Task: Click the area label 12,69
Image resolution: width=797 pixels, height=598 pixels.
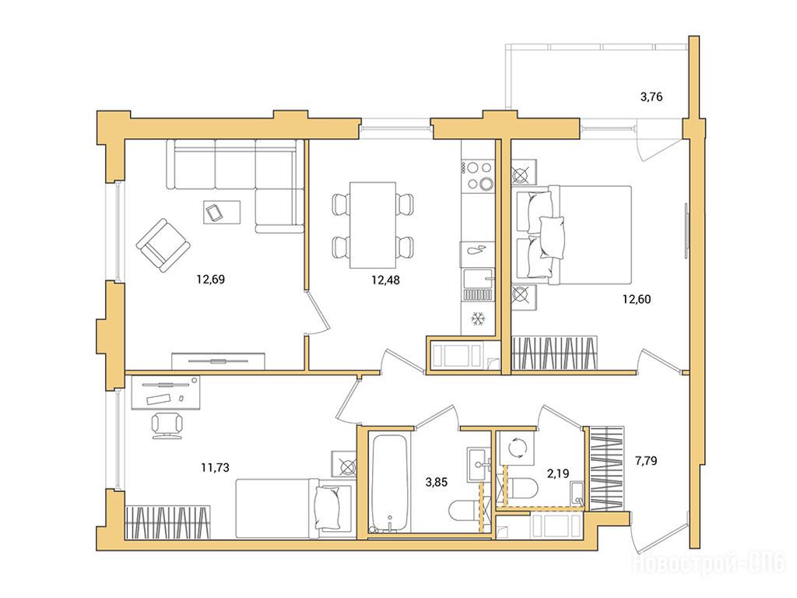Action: [x=210, y=280]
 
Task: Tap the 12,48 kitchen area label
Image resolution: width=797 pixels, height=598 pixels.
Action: [x=385, y=280]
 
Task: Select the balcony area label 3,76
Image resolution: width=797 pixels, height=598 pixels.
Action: [x=651, y=97]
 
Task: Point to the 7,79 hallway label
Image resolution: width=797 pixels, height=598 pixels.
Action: [x=645, y=461]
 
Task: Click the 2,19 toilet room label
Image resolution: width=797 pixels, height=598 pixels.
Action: [x=557, y=473]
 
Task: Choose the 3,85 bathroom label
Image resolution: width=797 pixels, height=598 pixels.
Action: [x=436, y=481]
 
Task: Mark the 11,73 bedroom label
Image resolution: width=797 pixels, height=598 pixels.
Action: [x=215, y=467]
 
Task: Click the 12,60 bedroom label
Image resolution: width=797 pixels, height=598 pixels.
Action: [x=637, y=299]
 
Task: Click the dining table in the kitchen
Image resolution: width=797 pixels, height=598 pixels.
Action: [x=373, y=225]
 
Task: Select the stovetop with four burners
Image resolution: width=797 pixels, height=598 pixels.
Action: [x=478, y=175]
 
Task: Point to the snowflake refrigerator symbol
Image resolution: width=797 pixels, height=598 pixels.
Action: [x=478, y=318]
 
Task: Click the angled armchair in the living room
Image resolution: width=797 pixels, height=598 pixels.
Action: [x=163, y=245]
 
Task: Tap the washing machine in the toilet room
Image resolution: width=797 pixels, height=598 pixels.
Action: [x=517, y=448]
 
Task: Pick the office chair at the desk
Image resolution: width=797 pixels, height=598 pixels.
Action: [x=167, y=424]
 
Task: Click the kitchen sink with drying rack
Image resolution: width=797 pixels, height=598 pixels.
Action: [x=478, y=285]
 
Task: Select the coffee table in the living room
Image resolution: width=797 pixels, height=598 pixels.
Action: [x=222, y=212]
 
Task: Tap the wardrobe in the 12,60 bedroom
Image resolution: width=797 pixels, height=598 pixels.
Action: [x=554, y=353]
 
